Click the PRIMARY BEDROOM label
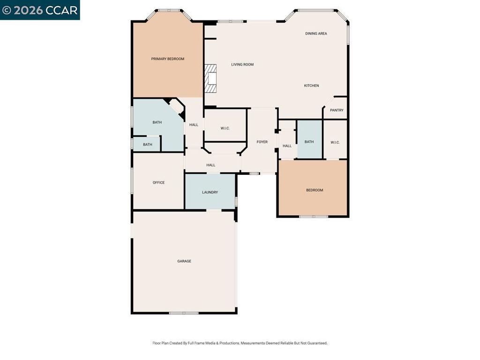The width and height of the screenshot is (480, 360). pyautogui.click(x=167, y=59)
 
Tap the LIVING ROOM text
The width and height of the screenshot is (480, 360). pyautogui.click(x=242, y=65)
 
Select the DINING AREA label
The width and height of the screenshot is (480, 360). pyautogui.click(x=316, y=34)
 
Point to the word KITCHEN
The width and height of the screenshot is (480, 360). pyautogui.click(x=311, y=86)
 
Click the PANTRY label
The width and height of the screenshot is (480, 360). pyautogui.click(x=337, y=111)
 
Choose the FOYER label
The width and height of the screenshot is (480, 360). pyautogui.click(x=262, y=142)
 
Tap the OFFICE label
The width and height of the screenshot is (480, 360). pyautogui.click(x=158, y=183)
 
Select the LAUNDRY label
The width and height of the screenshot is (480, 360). pyautogui.click(x=210, y=193)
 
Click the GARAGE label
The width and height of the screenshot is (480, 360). pyautogui.click(x=184, y=262)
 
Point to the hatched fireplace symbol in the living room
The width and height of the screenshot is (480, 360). pyautogui.click(x=211, y=79)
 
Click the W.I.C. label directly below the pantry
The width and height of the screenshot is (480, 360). pyautogui.click(x=335, y=142)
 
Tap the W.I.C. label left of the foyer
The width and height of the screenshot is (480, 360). pyautogui.click(x=225, y=128)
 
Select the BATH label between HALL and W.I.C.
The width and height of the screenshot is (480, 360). pyautogui.click(x=309, y=142)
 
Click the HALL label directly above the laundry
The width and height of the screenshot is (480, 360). pyautogui.click(x=211, y=165)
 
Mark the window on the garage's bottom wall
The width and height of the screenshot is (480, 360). pyautogui.click(x=184, y=313)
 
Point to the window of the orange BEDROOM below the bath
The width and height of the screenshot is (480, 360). pyautogui.click(x=314, y=216)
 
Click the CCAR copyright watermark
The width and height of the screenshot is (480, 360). pyautogui.click(x=40, y=10)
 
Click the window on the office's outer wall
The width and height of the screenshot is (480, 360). pyautogui.click(x=132, y=180)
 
